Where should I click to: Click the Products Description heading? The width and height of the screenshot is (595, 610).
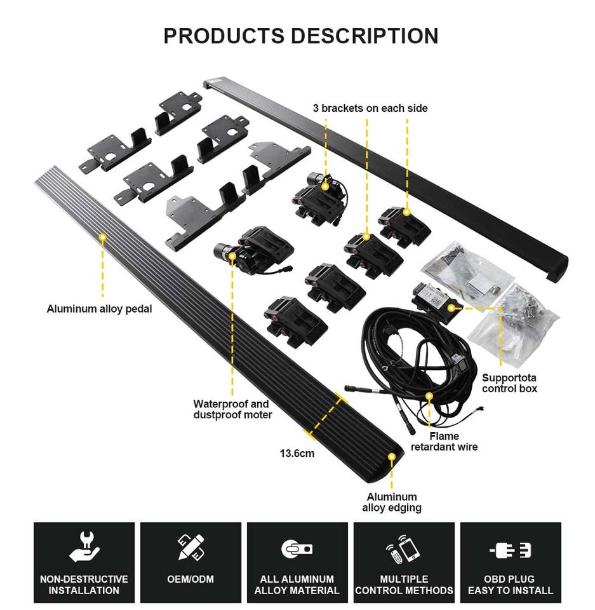[x=300, y=36]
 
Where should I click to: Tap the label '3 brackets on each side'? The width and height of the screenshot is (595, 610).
[x=370, y=108]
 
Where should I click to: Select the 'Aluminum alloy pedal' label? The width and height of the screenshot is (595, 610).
[x=100, y=309]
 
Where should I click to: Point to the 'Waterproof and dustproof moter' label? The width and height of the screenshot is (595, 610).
[x=232, y=409]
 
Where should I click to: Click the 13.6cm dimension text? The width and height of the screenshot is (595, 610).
[x=297, y=454]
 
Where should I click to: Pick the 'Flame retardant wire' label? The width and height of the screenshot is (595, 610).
[x=444, y=442]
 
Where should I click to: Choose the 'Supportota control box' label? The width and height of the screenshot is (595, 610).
[x=509, y=383]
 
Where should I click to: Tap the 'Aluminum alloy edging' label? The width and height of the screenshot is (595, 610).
[x=392, y=502]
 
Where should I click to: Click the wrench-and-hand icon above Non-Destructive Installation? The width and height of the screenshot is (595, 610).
[x=84, y=547]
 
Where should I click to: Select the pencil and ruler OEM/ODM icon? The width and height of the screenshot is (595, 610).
[x=191, y=547]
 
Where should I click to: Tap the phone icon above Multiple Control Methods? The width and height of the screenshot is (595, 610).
[x=404, y=548]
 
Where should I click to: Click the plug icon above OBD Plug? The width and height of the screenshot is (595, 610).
[x=511, y=550]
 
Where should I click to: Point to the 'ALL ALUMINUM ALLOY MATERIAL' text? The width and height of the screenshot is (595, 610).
[x=297, y=585]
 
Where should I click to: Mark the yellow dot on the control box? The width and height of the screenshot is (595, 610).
[x=451, y=308]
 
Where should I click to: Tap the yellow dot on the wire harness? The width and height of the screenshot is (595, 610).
[x=429, y=396]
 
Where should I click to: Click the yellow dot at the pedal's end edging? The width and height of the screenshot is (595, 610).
[x=392, y=456]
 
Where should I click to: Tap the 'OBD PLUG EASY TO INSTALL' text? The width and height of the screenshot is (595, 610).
[x=510, y=585]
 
